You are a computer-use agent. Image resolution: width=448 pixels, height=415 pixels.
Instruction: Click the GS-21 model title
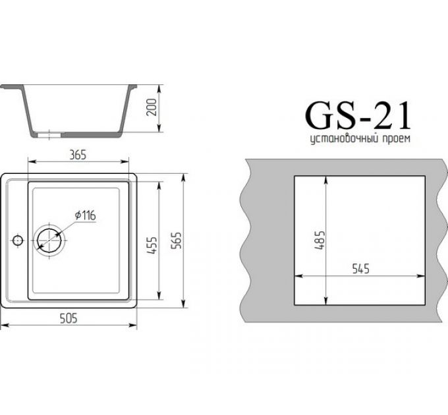(x=358, y=116)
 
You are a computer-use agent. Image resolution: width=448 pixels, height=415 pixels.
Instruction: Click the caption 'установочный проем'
(x=360, y=140)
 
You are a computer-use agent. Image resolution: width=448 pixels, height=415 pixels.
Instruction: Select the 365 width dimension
(x=78, y=155)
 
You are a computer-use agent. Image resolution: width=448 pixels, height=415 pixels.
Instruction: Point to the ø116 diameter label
(x=86, y=215)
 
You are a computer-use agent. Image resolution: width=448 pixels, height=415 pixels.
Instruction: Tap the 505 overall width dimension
(x=69, y=319)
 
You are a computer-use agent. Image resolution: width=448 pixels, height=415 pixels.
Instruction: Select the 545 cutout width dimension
(x=360, y=269)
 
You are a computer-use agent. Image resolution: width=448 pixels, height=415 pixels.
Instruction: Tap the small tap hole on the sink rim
(x=18, y=238)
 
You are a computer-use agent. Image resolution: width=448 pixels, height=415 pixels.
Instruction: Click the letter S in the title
(x=347, y=116)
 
